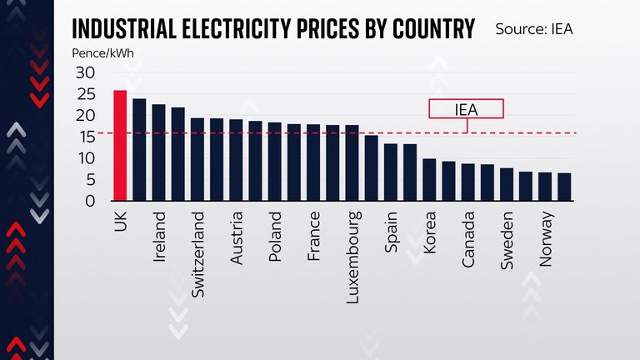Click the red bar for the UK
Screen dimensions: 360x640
[120, 146]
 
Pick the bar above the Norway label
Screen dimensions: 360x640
[545, 187]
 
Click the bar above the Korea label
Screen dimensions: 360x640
[429, 180]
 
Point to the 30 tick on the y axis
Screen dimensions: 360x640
[87, 72]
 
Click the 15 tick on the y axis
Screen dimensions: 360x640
[87, 137]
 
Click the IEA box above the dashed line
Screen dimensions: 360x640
[466, 109]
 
